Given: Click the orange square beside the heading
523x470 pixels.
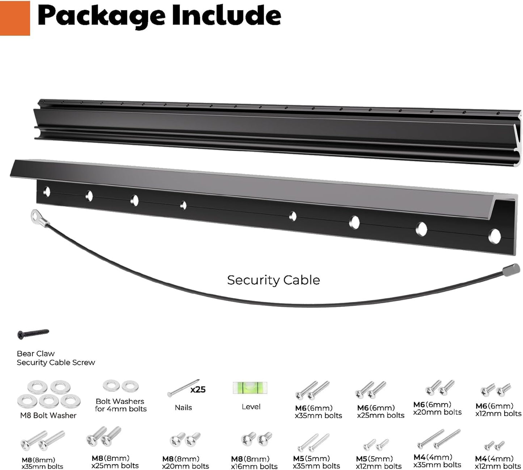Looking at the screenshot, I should (15, 18).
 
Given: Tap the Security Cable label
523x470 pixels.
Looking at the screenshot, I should (273, 280).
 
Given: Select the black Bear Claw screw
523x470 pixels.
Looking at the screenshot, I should (33, 333).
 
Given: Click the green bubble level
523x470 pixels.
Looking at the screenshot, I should (250, 388).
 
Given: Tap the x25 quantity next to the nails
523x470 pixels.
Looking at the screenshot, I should (198, 389).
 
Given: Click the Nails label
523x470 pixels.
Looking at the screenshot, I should (183, 408).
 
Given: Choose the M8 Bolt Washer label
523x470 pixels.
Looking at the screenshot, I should (48, 416).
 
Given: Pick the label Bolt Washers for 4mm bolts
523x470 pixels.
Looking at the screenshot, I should (121, 405).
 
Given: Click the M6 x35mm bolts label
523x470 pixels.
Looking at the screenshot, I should (318, 412).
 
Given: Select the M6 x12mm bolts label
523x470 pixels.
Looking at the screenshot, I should (498, 410).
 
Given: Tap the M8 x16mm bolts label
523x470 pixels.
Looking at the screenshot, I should (254, 463).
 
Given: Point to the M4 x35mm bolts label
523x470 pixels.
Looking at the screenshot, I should (437, 461).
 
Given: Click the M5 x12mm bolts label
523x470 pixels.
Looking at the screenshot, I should (379, 463).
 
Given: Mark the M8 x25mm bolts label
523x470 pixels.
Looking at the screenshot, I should (115, 462).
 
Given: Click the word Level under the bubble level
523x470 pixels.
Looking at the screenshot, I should (251, 407).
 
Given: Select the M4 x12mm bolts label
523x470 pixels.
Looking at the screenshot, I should (498, 463).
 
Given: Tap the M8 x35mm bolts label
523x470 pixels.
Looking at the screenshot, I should (42, 463).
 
